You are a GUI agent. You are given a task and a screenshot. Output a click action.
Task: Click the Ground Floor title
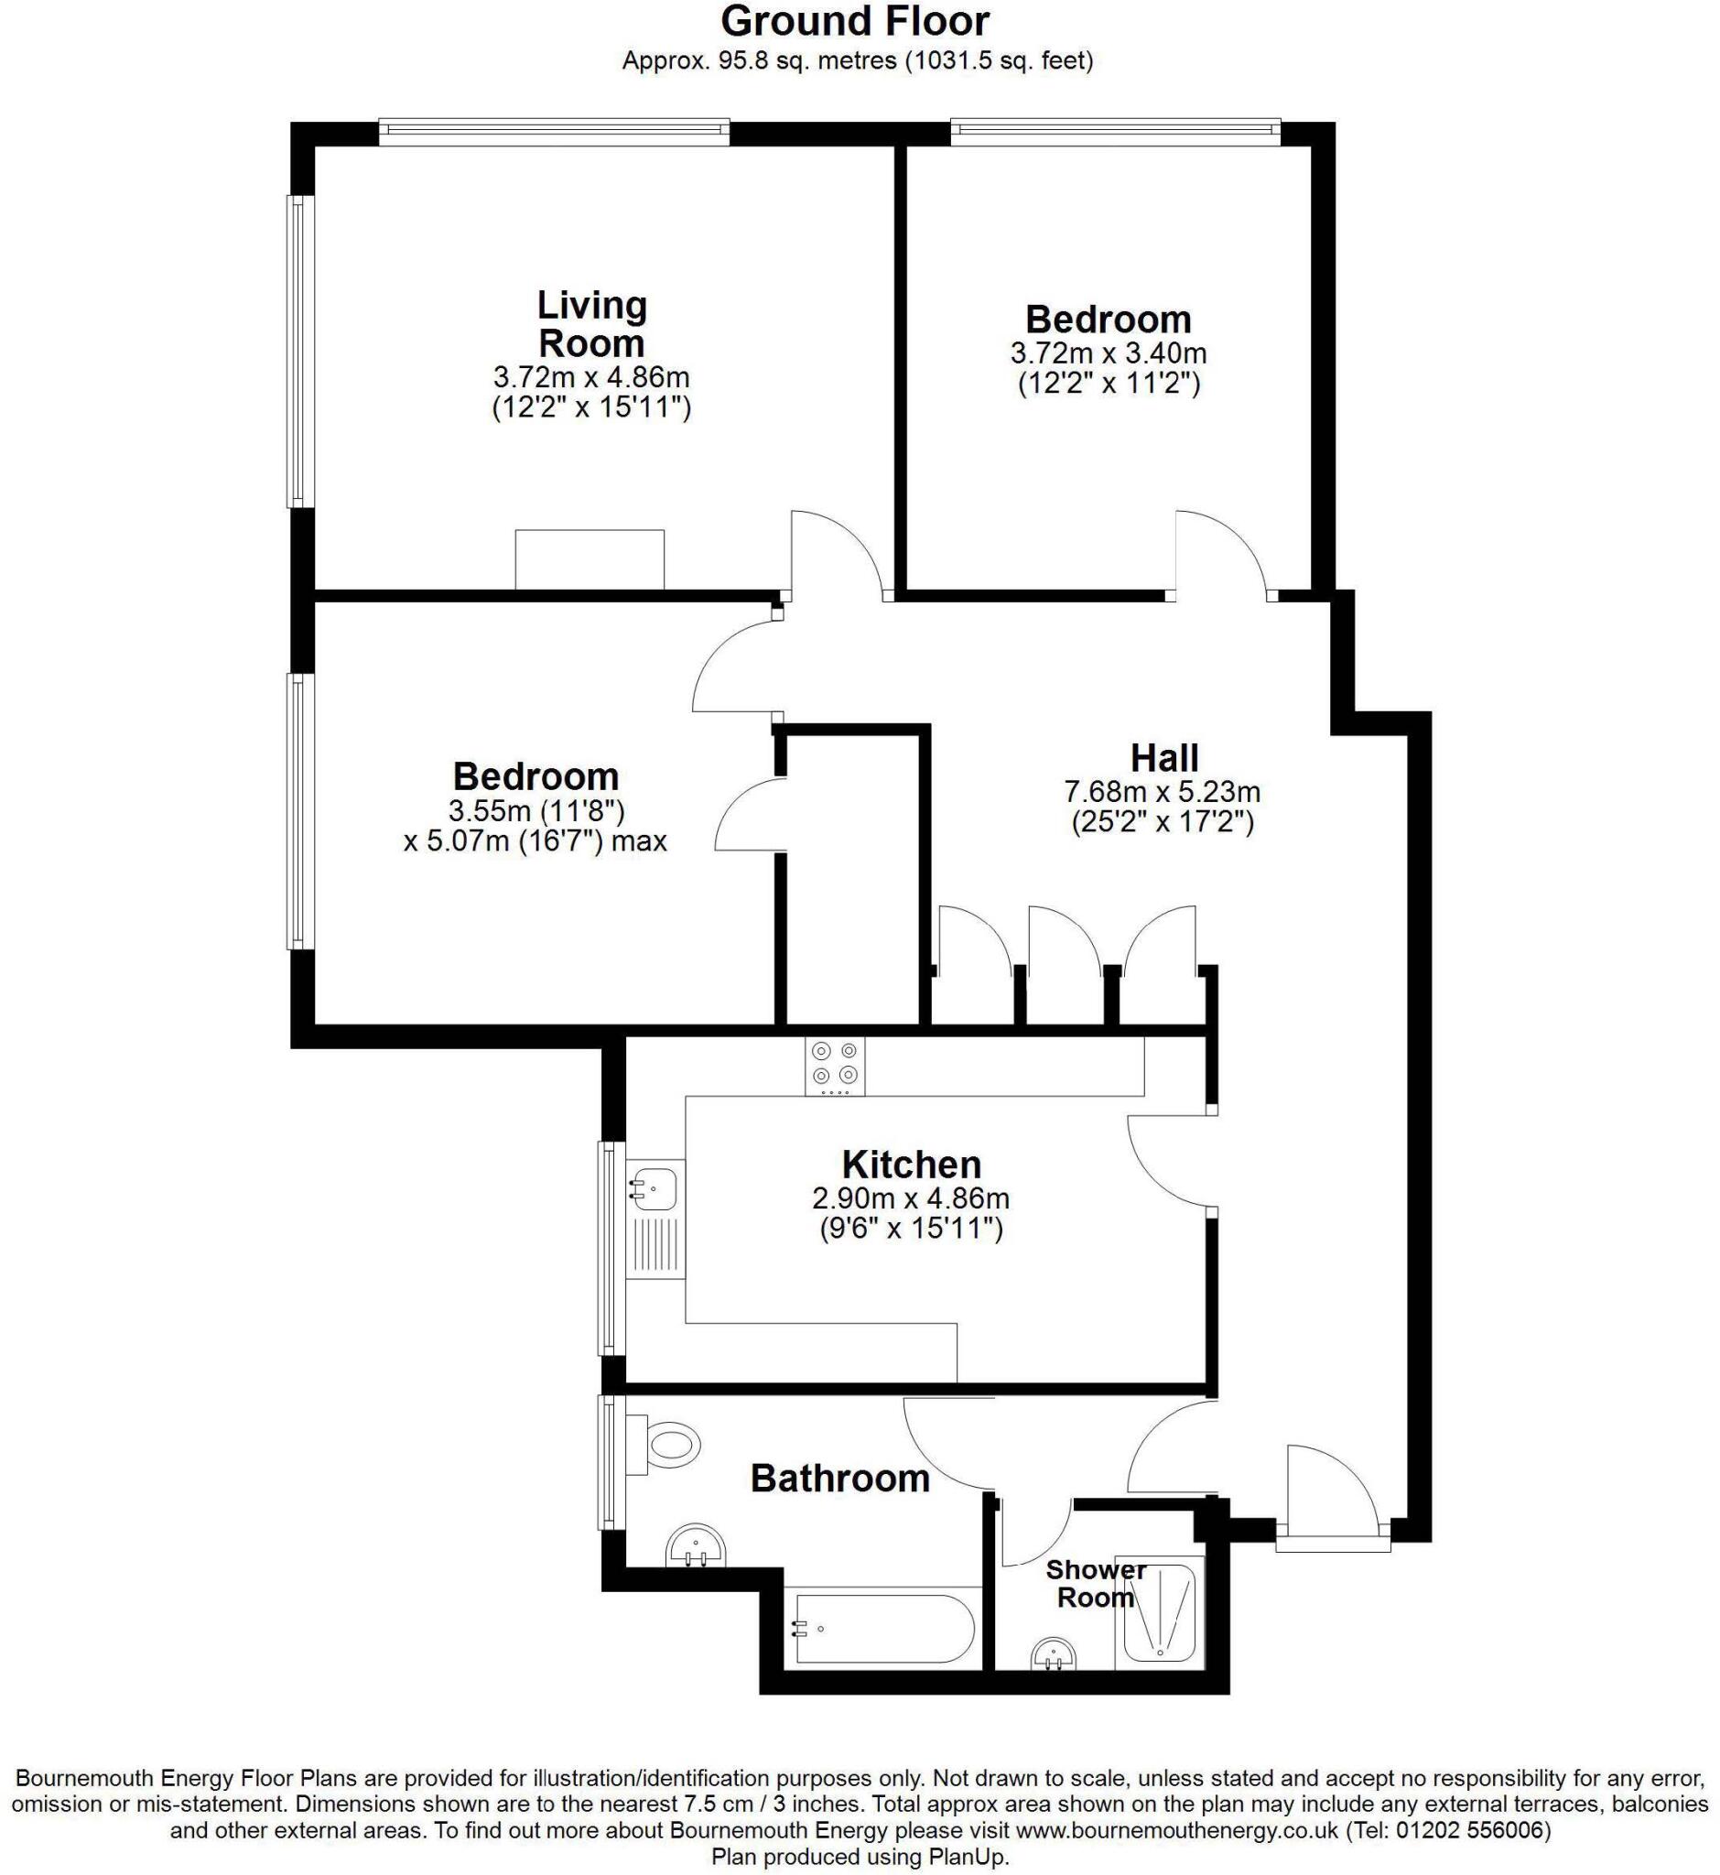(856, 20)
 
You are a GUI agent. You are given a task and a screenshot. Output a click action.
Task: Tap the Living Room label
(591, 324)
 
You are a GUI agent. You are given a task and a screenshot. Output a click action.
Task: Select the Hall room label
(1163, 758)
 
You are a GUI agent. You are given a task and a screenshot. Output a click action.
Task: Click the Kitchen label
(911, 1165)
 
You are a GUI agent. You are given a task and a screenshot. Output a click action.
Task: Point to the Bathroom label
(839, 1479)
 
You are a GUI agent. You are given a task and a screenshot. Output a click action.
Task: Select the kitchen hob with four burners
(834, 1066)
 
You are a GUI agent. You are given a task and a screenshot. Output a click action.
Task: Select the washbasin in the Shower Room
(1055, 1656)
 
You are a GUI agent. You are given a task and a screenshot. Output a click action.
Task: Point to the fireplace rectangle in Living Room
(590, 558)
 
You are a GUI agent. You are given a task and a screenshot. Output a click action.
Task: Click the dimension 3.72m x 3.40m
(1108, 353)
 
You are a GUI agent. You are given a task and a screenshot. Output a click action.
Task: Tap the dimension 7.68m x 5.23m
(1162, 792)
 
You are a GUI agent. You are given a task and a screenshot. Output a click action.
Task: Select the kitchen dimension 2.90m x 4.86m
(911, 1198)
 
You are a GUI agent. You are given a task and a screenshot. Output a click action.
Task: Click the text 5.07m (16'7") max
(535, 841)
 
